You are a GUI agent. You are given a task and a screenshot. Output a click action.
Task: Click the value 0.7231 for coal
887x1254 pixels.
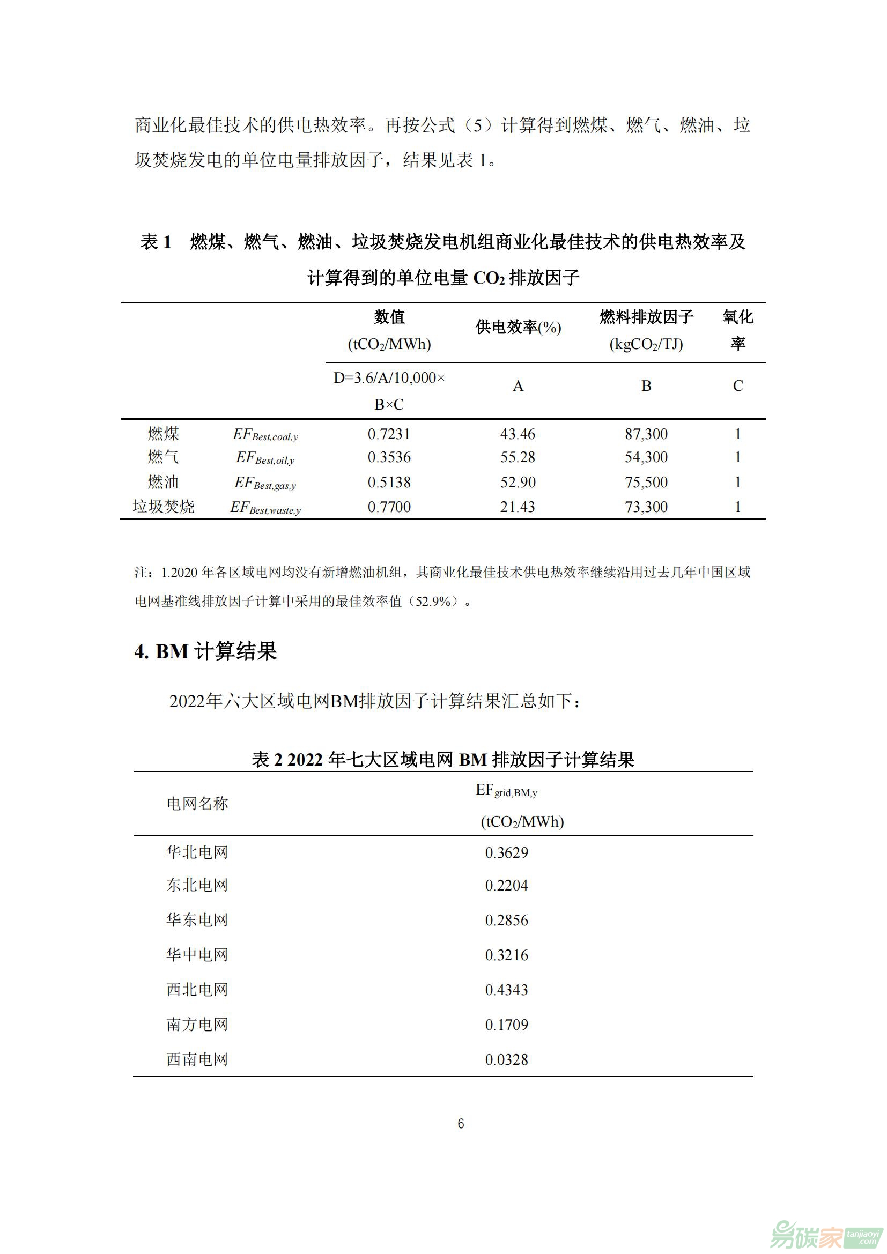tap(389, 434)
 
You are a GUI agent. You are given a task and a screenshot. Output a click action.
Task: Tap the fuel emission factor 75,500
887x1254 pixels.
tap(646, 483)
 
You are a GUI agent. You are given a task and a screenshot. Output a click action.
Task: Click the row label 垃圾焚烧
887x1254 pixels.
tap(164, 506)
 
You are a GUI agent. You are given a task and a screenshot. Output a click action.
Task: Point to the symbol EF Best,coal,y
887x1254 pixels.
tap(265, 435)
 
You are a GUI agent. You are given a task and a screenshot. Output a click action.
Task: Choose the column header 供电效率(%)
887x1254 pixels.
tap(519, 327)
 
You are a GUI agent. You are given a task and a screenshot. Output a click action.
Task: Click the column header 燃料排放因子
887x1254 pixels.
tap(646, 317)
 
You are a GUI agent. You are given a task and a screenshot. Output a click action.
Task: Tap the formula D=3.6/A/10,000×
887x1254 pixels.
tap(389, 378)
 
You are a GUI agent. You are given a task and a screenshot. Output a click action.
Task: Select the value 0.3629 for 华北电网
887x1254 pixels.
tap(506, 853)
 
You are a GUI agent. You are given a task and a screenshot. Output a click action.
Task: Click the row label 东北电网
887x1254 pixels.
tap(197, 885)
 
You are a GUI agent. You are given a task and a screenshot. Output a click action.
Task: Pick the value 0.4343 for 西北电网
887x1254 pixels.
tap(506, 990)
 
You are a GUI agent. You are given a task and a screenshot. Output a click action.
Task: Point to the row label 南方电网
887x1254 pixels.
tap(197, 1024)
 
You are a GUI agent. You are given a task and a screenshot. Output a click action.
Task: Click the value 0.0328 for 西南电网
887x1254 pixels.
tap(506, 1059)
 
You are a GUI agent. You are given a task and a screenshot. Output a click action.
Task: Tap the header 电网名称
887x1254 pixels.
tap(197, 804)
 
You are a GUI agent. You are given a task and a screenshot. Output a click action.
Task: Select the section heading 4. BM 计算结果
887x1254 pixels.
tap(206, 651)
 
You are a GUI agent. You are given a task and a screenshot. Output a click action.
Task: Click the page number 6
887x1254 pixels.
tap(461, 1124)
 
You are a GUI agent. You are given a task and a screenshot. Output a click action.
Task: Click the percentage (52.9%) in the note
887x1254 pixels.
tap(434, 602)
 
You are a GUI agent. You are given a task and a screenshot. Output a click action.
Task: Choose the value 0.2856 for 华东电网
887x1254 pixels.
tap(506, 921)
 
